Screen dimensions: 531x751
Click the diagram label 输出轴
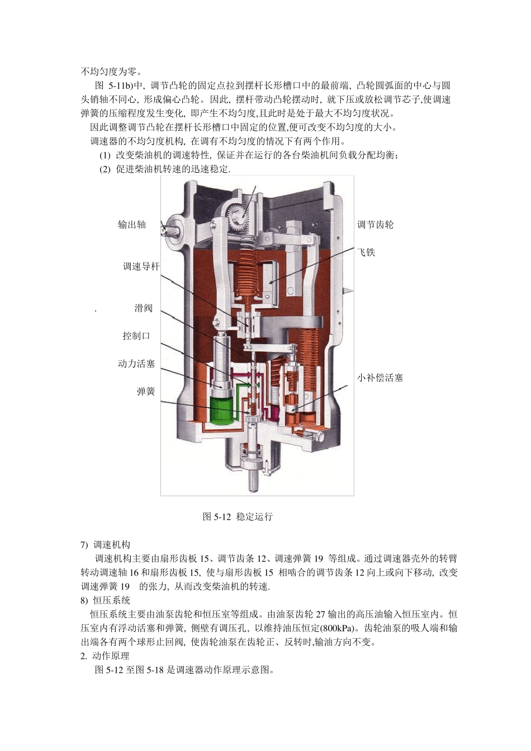click(x=132, y=225)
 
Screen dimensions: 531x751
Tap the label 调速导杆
click(x=141, y=267)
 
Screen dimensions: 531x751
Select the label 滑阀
click(x=144, y=308)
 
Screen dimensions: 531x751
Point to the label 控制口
click(x=136, y=336)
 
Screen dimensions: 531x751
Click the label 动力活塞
click(x=136, y=364)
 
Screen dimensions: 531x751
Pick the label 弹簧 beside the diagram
click(x=146, y=392)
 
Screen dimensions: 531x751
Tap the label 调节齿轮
click(x=376, y=225)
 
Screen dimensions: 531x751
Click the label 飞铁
click(x=366, y=253)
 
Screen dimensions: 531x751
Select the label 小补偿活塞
click(x=380, y=378)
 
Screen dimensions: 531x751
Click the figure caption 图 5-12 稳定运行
click(x=238, y=517)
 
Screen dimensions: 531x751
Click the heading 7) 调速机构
click(x=106, y=544)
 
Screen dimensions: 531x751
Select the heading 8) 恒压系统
click(x=106, y=600)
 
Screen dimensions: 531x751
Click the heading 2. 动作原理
click(x=105, y=656)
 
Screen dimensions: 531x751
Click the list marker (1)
click(x=105, y=155)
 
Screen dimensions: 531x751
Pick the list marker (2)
click(x=105, y=169)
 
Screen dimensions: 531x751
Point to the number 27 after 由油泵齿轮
click(x=320, y=614)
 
